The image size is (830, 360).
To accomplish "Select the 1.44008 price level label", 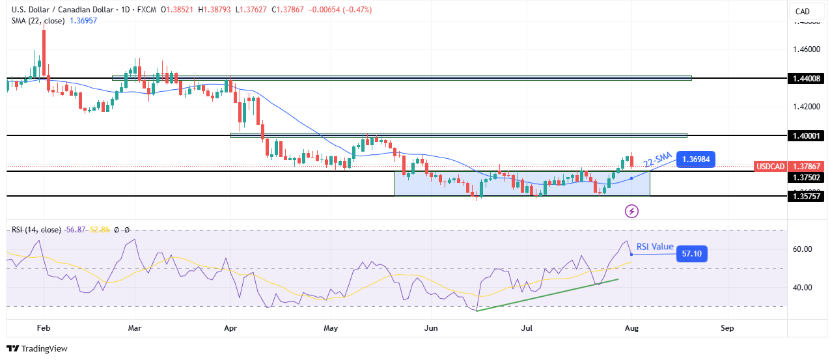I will pos(805,78).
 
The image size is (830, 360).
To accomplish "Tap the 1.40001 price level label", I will pos(805,135).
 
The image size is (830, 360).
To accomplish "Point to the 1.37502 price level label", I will pos(805,177).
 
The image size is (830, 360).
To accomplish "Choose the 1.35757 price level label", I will pos(805,196).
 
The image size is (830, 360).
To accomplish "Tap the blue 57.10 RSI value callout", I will pos(691,254).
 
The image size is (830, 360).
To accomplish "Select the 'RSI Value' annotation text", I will pos(654,247).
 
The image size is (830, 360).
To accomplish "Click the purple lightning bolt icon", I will pos(631,211).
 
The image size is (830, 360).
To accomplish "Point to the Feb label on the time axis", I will pos(43,328).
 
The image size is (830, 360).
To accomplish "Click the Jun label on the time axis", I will pos(430,328).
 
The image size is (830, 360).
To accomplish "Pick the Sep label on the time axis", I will pos(727,328).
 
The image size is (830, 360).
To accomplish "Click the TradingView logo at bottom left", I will pos(37,348).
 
